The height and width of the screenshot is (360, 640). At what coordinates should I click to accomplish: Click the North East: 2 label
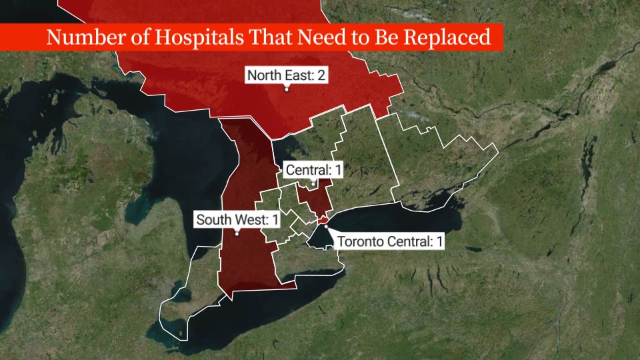pyautogui.click(x=286, y=75)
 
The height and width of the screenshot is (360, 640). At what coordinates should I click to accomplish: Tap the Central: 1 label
pyautogui.click(x=313, y=171)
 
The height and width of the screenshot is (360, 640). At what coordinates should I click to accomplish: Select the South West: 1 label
pyautogui.click(x=237, y=219)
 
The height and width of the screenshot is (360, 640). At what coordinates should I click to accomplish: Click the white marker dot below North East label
pyautogui.click(x=287, y=89)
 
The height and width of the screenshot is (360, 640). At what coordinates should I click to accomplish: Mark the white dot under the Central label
pyautogui.click(x=313, y=183)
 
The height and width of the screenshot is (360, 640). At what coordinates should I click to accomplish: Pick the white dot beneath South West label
pyautogui.click(x=237, y=233)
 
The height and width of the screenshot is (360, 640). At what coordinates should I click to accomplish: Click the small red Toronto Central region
pyautogui.click(x=322, y=220)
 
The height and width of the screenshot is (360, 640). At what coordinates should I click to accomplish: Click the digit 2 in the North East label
pyautogui.click(x=321, y=75)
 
